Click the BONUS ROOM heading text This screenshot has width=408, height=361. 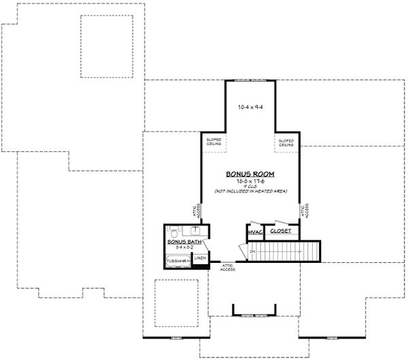(250, 174)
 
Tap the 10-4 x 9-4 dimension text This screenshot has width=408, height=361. (250, 107)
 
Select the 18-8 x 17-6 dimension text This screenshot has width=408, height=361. (250, 182)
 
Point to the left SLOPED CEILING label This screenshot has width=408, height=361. (214, 143)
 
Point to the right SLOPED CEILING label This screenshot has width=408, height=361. (286, 143)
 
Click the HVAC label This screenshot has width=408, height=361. (255, 232)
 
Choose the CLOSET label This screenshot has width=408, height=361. (280, 232)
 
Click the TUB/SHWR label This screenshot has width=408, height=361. (177, 260)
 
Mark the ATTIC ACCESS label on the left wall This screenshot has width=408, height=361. (197, 212)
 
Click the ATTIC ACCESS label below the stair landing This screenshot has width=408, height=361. (228, 268)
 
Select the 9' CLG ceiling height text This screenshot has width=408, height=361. (250, 187)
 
